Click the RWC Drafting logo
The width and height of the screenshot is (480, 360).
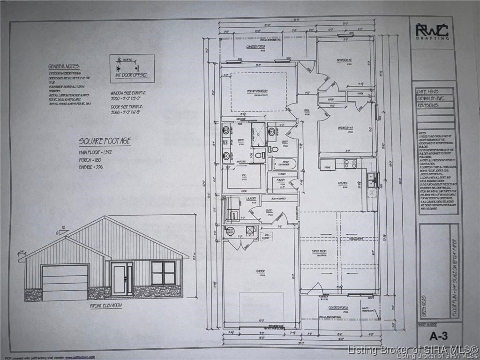point(432,31)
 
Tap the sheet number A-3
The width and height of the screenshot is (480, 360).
point(439,336)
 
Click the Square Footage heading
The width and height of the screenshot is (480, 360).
point(105,141)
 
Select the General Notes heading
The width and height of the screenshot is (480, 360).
point(64,67)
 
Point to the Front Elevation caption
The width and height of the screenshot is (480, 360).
point(105,306)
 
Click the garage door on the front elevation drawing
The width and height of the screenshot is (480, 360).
point(65,282)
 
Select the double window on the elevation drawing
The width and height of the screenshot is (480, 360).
point(163,273)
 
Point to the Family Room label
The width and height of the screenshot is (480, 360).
point(319,251)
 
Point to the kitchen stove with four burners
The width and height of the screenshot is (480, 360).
point(350,164)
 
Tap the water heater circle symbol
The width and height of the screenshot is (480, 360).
point(230,231)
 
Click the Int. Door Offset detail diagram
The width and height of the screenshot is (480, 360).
point(132,68)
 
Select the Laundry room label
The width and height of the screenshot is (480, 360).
point(251,199)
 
